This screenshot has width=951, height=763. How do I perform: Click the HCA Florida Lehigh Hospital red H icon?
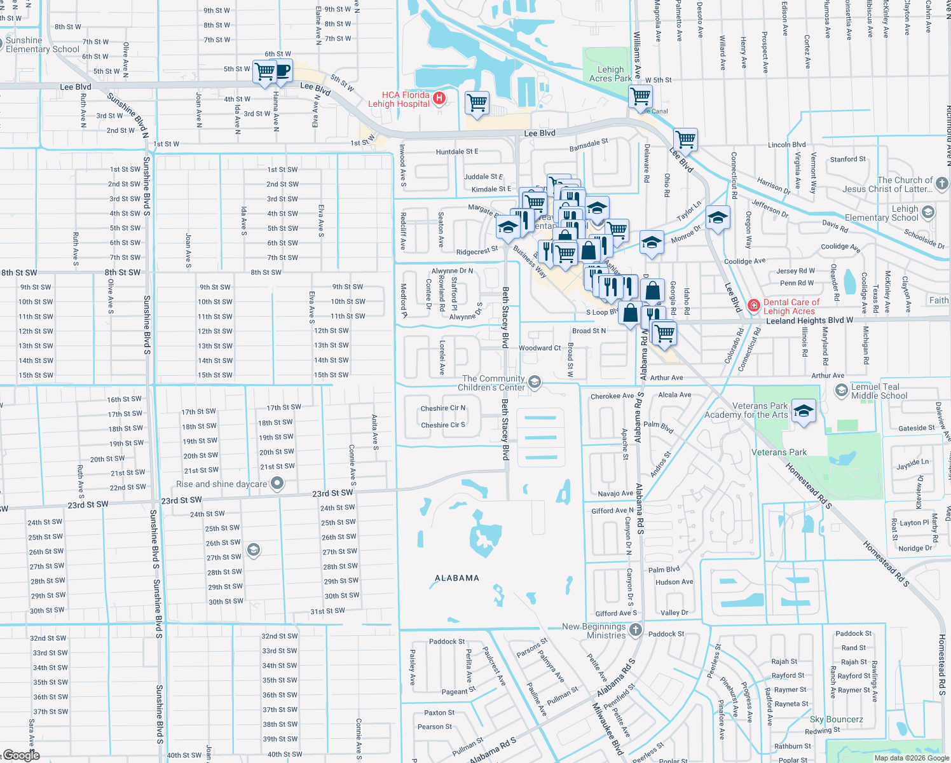tap(439, 99)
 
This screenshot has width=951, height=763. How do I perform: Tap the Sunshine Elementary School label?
tap(43, 45)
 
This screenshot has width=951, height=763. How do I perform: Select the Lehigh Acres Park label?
tap(610, 74)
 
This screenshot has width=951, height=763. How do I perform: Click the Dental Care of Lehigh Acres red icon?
tap(754, 306)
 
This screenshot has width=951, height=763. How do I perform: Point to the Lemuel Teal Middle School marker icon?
tap(842, 390)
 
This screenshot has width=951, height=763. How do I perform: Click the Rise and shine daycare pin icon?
tap(277, 484)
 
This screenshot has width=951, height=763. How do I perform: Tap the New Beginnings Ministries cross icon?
tap(636, 630)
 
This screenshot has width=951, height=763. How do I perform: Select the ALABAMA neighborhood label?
tap(456, 578)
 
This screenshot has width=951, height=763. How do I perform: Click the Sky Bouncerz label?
tap(836, 719)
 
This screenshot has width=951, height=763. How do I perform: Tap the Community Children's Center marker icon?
tap(535, 382)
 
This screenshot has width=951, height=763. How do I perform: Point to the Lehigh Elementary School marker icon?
tap(928, 212)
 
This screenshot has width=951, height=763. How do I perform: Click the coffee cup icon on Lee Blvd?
tap(282, 71)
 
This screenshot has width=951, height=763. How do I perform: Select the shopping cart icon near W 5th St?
tap(640, 97)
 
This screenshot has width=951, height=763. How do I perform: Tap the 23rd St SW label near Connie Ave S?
tap(332, 493)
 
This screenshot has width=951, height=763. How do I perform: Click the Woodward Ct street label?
tap(540, 348)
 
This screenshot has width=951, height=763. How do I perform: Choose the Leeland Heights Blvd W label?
tap(809, 321)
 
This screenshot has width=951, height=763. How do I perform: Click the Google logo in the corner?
tap(21, 755)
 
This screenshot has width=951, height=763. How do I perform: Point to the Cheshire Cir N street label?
tap(443, 408)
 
